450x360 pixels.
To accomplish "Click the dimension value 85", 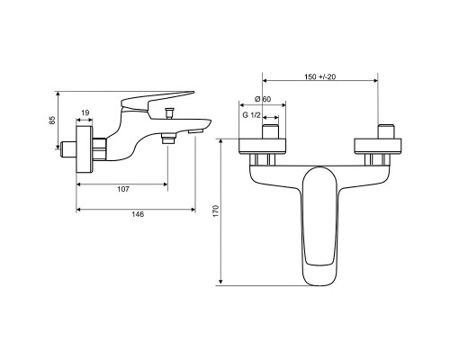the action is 52,120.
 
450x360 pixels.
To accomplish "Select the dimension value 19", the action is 85,112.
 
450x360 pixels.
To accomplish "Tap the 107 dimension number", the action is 123,189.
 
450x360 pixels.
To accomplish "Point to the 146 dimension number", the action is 138,214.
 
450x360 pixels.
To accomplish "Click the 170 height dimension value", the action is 216,211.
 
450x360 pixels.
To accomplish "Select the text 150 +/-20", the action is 320,76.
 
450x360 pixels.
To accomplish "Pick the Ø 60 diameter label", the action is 263,99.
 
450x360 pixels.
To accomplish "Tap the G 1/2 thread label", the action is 251,114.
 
